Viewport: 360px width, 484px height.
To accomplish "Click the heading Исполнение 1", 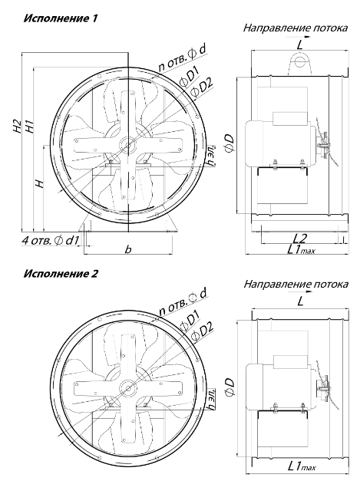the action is (x=61, y=18).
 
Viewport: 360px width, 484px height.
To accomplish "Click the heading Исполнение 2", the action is (x=61, y=274).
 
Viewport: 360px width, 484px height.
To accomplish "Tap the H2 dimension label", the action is (x=18, y=127).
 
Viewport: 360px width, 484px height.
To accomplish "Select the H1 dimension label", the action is (x=29, y=127).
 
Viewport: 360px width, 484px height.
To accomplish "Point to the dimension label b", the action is (x=128, y=249).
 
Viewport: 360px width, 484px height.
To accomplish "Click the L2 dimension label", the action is (x=299, y=239).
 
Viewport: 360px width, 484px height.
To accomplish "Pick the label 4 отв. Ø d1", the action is (x=51, y=241).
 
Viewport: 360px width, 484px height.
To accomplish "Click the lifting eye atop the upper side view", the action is (x=299, y=63).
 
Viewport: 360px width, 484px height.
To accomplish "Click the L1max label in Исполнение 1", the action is (x=301, y=249).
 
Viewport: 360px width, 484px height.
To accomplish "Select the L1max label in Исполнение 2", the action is (x=302, y=476).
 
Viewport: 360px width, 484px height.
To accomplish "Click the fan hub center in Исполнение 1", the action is (x=127, y=144).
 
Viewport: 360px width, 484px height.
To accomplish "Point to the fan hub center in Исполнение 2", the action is (x=127, y=387).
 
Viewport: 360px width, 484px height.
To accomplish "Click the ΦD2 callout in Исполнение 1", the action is (x=202, y=88).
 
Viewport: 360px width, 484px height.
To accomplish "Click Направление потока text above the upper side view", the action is (x=295, y=28).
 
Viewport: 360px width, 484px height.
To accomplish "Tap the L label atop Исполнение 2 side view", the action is (x=300, y=301).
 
